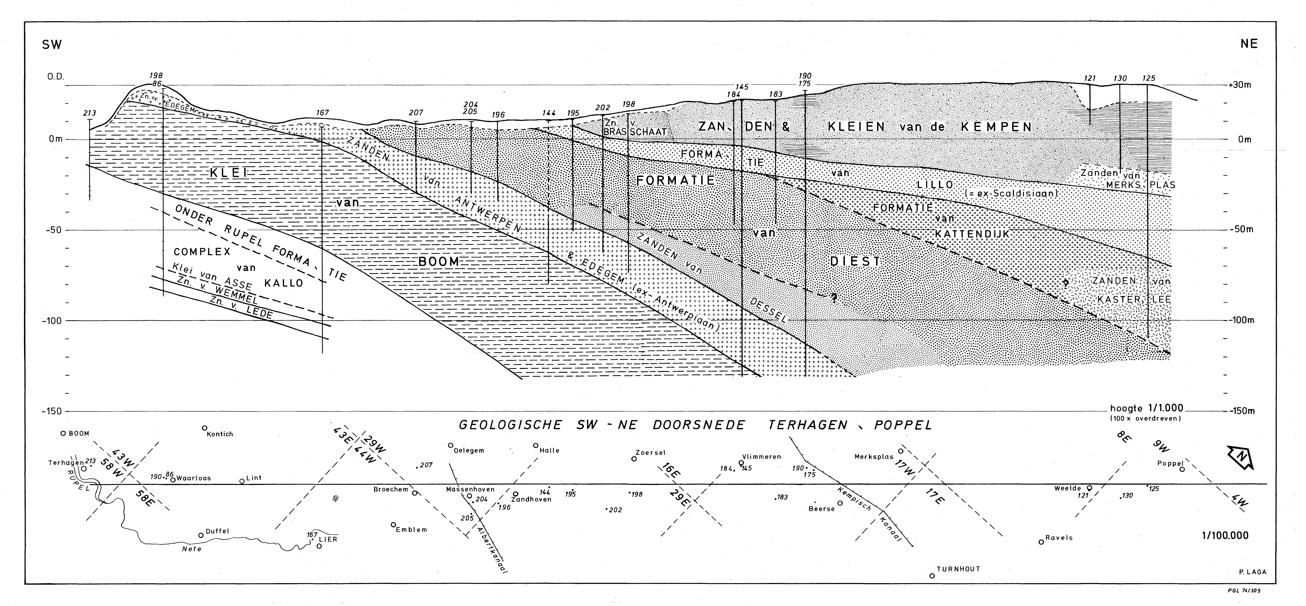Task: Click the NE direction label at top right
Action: coord(1249,44)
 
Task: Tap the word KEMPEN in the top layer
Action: coord(994,126)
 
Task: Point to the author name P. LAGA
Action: coord(1252,572)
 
